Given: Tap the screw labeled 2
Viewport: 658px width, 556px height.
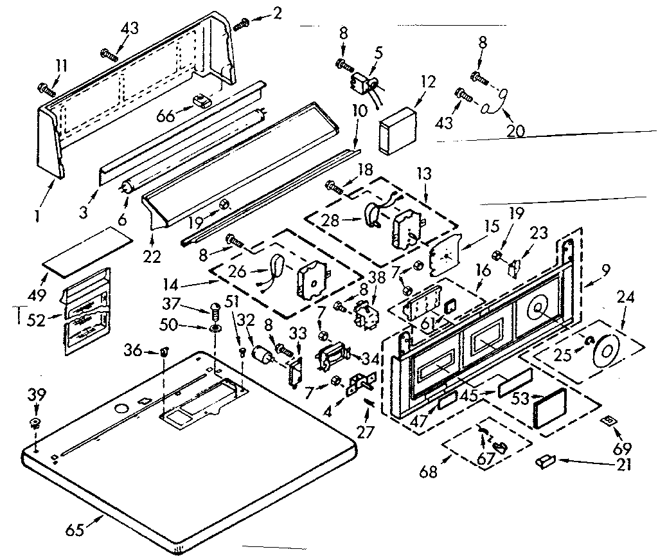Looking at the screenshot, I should point(242,24).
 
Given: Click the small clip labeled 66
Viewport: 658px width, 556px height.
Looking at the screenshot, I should point(203,101).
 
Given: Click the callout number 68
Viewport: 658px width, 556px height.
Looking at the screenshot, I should point(429,473).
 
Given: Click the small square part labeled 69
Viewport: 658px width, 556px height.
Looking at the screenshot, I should point(607,420).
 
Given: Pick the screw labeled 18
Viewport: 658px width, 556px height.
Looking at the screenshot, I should point(335,187).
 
